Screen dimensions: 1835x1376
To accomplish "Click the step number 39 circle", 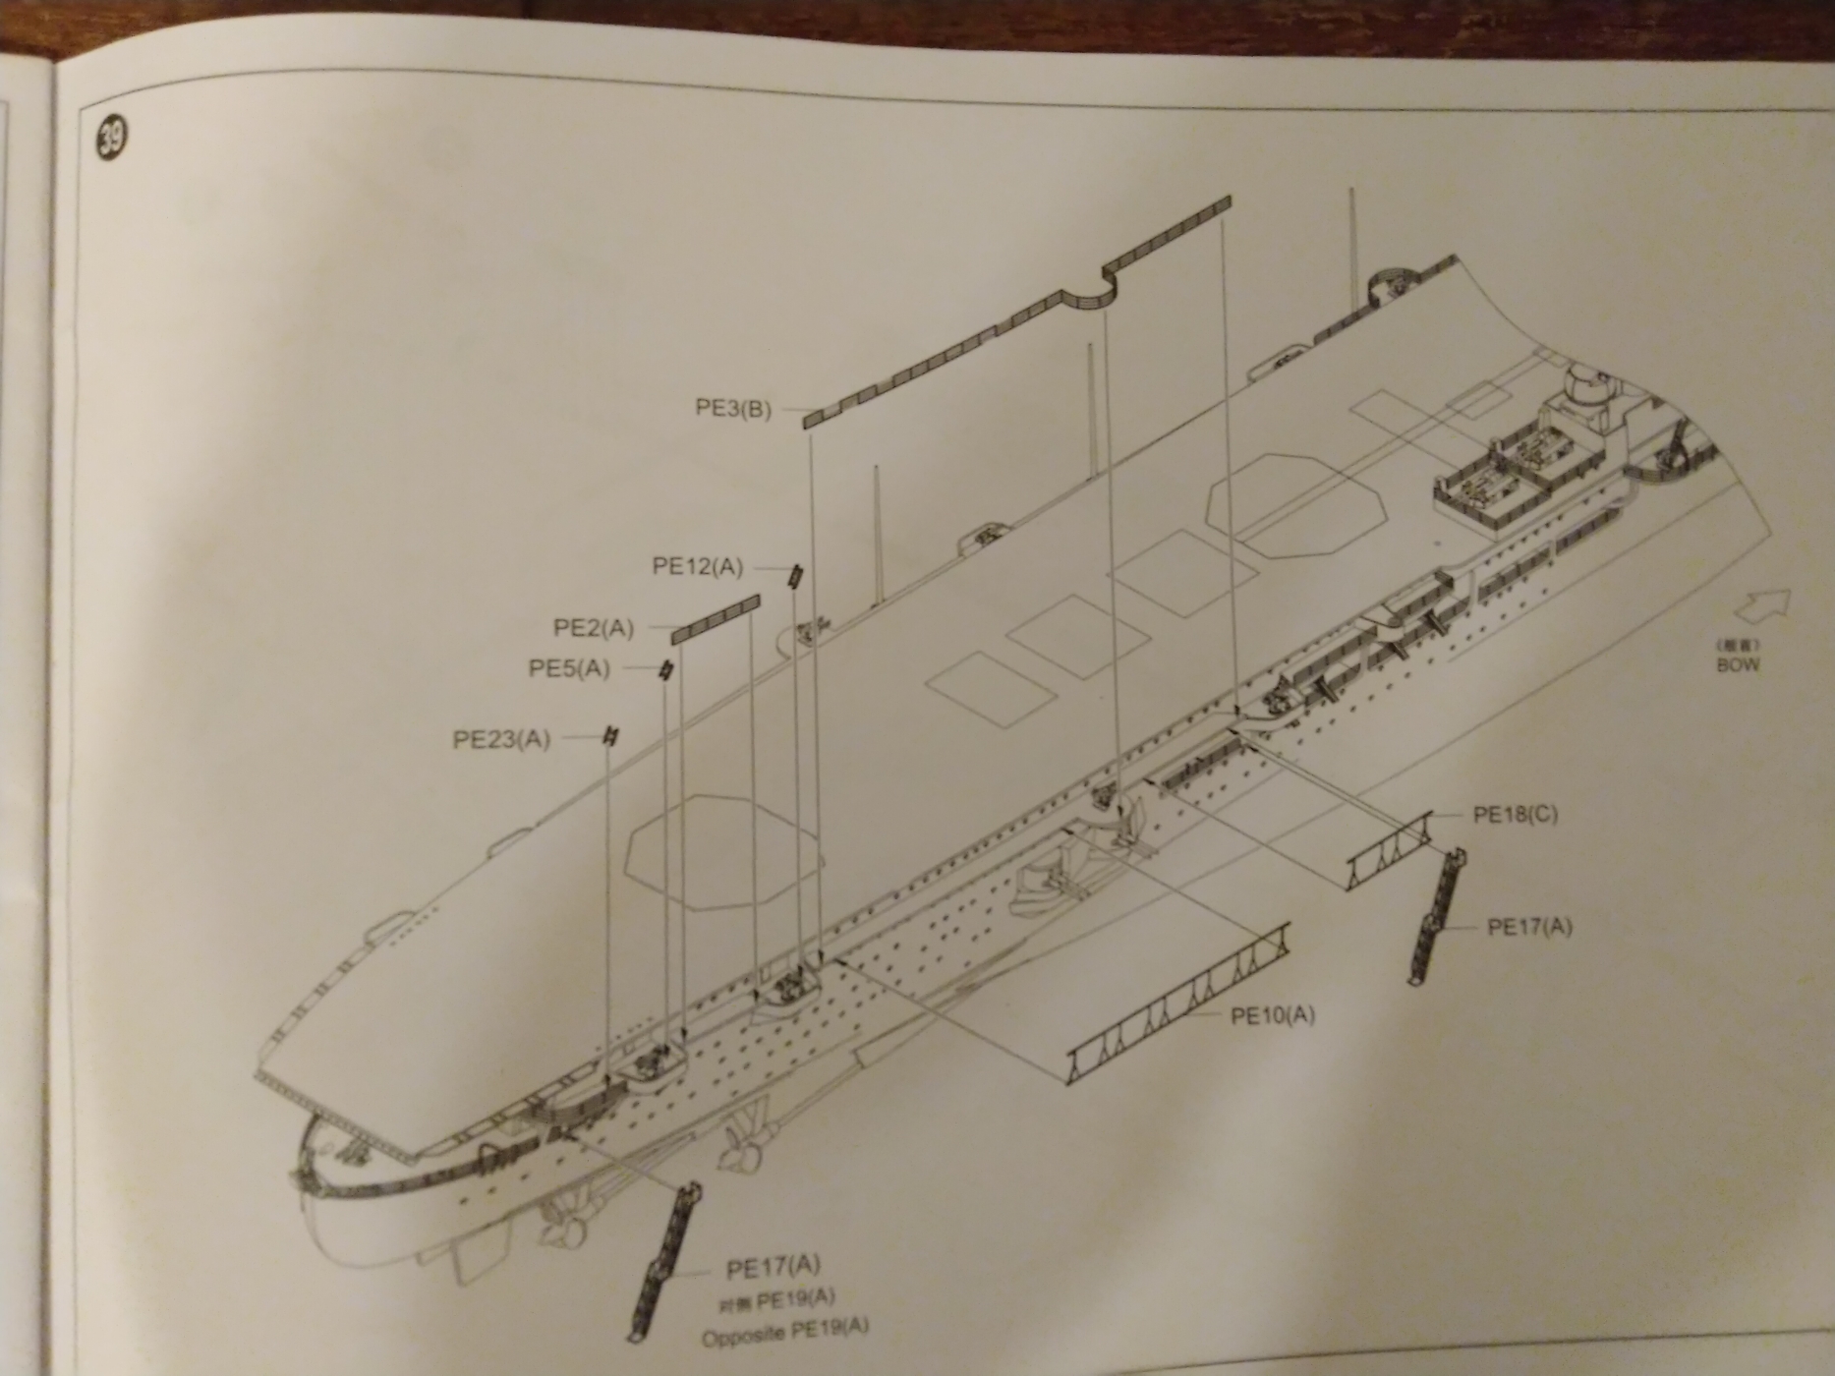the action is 110,139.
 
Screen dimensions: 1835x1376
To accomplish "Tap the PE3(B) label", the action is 733,408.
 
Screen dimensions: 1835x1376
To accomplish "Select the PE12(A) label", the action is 698,567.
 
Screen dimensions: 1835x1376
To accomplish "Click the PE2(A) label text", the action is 594,627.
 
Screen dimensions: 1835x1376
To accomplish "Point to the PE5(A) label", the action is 569,669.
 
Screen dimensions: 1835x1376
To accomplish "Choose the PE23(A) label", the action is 501,739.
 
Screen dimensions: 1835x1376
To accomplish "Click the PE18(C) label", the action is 1515,815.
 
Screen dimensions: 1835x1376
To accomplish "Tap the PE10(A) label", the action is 1273,1014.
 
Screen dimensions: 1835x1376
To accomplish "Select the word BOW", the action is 1738,664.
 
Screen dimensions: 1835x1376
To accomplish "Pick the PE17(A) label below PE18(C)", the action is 1529,927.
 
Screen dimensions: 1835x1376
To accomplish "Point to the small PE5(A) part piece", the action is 667,672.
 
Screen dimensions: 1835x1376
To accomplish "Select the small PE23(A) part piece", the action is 611,737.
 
